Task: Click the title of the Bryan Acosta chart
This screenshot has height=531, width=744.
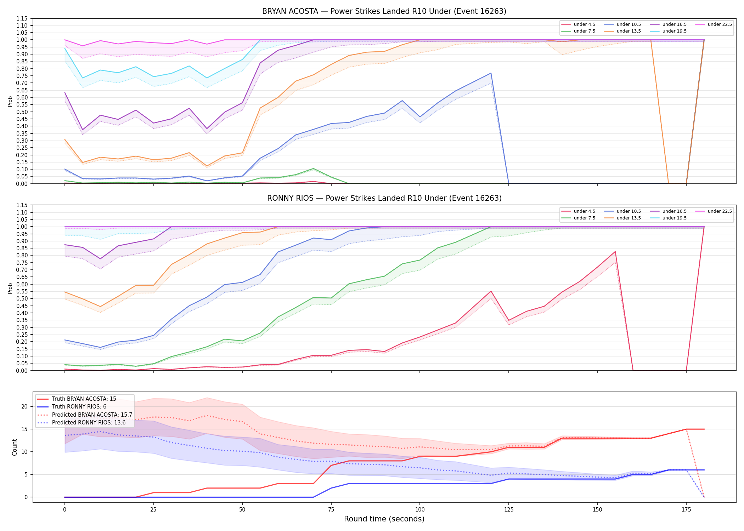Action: click(x=384, y=11)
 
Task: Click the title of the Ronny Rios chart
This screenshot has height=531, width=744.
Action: click(x=384, y=198)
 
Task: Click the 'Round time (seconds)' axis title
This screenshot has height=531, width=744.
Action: click(x=384, y=519)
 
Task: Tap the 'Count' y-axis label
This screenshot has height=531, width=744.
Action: click(x=15, y=447)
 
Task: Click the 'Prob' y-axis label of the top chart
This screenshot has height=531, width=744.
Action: click(x=10, y=102)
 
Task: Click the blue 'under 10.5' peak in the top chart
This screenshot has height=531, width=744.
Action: click(x=491, y=73)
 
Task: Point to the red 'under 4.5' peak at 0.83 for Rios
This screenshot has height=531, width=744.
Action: click(x=615, y=252)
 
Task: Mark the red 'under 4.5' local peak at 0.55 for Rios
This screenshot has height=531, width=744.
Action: click(x=491, y=291)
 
